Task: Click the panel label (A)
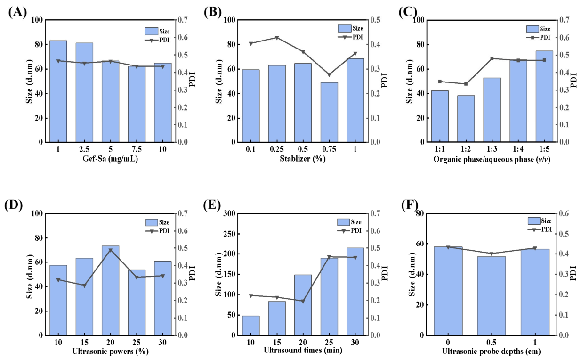coord(17,12)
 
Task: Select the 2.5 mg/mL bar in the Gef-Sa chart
coord(84,92)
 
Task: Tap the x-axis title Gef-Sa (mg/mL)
coord(110,159)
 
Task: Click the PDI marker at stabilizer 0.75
coord(329,75)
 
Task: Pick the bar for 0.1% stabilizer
coord(251,106)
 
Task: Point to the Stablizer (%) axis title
coord(303,158)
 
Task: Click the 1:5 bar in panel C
coord(544,96)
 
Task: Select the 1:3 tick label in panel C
coord(492,149)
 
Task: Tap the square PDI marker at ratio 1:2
coord(466,84)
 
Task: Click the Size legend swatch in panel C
coord(533,29)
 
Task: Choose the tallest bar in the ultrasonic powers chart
coord(110,290)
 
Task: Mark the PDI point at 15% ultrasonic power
coord(84,286)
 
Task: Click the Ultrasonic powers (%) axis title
coord(110,352)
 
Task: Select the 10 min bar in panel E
coord(251,326)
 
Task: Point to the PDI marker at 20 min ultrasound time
coord(303,302)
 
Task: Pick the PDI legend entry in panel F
coord(540,229)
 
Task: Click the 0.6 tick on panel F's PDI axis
coord(564,213)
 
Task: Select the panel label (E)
coord(212,205)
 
